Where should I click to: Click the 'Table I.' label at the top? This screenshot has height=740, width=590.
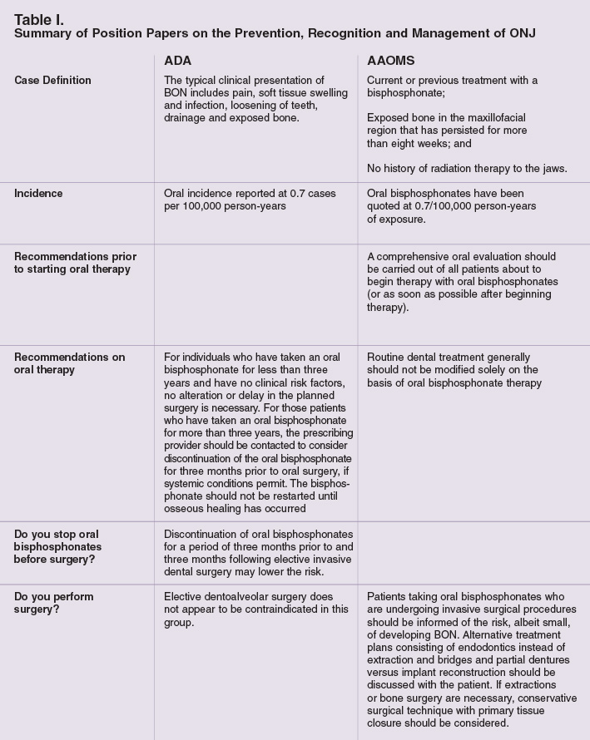pyautogui.click(x=39, y=18)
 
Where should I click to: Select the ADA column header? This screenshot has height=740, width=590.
pyautogui.click(x=177, y=61)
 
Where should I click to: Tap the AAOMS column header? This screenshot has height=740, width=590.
pyautogui.click(x=391, y=61)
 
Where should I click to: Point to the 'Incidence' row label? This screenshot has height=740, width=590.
pyautogui.click(x=38, y=193)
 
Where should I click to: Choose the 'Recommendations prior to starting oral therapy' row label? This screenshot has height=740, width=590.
pyautogui.click(x=75, y=263)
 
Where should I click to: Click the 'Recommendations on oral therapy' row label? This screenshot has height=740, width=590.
pyautogui.click(x=69, y=363)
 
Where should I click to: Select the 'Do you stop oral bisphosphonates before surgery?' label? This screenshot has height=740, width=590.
pyautogui.click(x=58, y=546)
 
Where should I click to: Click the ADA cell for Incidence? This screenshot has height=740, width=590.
pyautogui.click(x=250, y=200)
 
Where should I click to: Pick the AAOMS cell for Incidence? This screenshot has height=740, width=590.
pyautogui.click(x=452, y=206)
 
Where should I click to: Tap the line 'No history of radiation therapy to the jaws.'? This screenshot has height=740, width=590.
pyautogui.click(x=467, y=169)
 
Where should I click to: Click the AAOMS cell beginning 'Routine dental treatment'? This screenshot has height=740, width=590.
pyautogui.click(x=454, y=370)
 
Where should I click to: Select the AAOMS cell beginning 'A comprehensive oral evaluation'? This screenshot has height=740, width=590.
pyautogui.click(x=462, y=282)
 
